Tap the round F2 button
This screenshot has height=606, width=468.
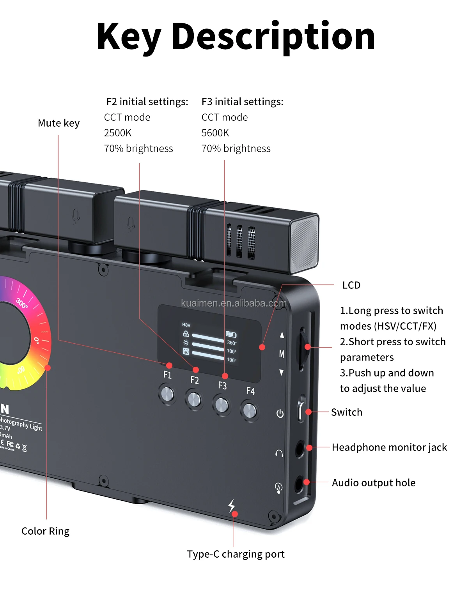194,399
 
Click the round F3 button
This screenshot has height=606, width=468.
222,405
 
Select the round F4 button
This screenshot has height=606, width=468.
250,410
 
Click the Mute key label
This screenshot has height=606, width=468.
58,123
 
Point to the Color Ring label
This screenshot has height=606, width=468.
45,531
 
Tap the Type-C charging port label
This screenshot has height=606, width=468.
236,554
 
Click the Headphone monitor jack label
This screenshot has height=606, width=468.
389,447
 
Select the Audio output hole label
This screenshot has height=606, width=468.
374,483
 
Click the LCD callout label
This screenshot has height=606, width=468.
351,285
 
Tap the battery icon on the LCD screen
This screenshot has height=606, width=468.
231,334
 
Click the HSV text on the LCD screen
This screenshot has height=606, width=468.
186,325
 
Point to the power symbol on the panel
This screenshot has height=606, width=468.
280,413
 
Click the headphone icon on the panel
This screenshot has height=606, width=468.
279,453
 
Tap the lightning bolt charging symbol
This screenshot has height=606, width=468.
232,505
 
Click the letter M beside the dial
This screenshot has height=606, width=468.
282,354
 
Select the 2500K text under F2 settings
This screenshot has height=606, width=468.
118,133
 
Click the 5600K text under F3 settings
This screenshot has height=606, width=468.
215,133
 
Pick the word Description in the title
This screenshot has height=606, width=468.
273,37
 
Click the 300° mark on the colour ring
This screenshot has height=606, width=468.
22,303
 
